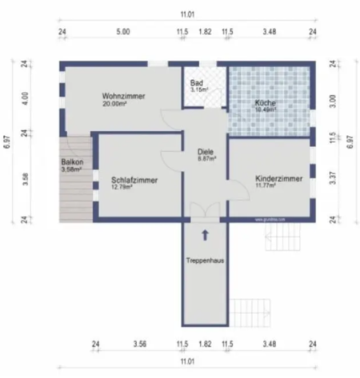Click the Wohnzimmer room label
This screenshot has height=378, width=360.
click(x=124, y=96)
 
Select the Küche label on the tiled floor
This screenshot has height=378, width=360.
click(x=266, y=104)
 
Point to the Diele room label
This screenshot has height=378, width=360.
click(x=205, y=153)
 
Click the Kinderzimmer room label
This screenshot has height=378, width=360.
click(x=278, y=179)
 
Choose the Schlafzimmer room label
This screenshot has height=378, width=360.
click(x=134, y=181)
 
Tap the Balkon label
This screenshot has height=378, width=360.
click(x=72, y=162)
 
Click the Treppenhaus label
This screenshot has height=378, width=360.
click(x=205, y=261)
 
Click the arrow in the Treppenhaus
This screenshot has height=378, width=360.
click(x=206, y=235)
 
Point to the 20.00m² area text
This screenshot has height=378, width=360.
click(x=114, y=104)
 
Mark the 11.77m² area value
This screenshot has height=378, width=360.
click(x=265, y=186)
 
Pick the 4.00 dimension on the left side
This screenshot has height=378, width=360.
click(x=25, y=97)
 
